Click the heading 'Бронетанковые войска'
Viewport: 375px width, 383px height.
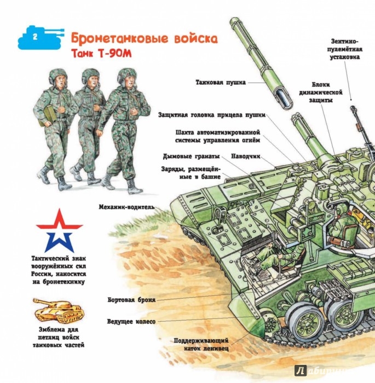(144, 39)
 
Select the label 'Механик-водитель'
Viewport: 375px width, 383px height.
(127, 207)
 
